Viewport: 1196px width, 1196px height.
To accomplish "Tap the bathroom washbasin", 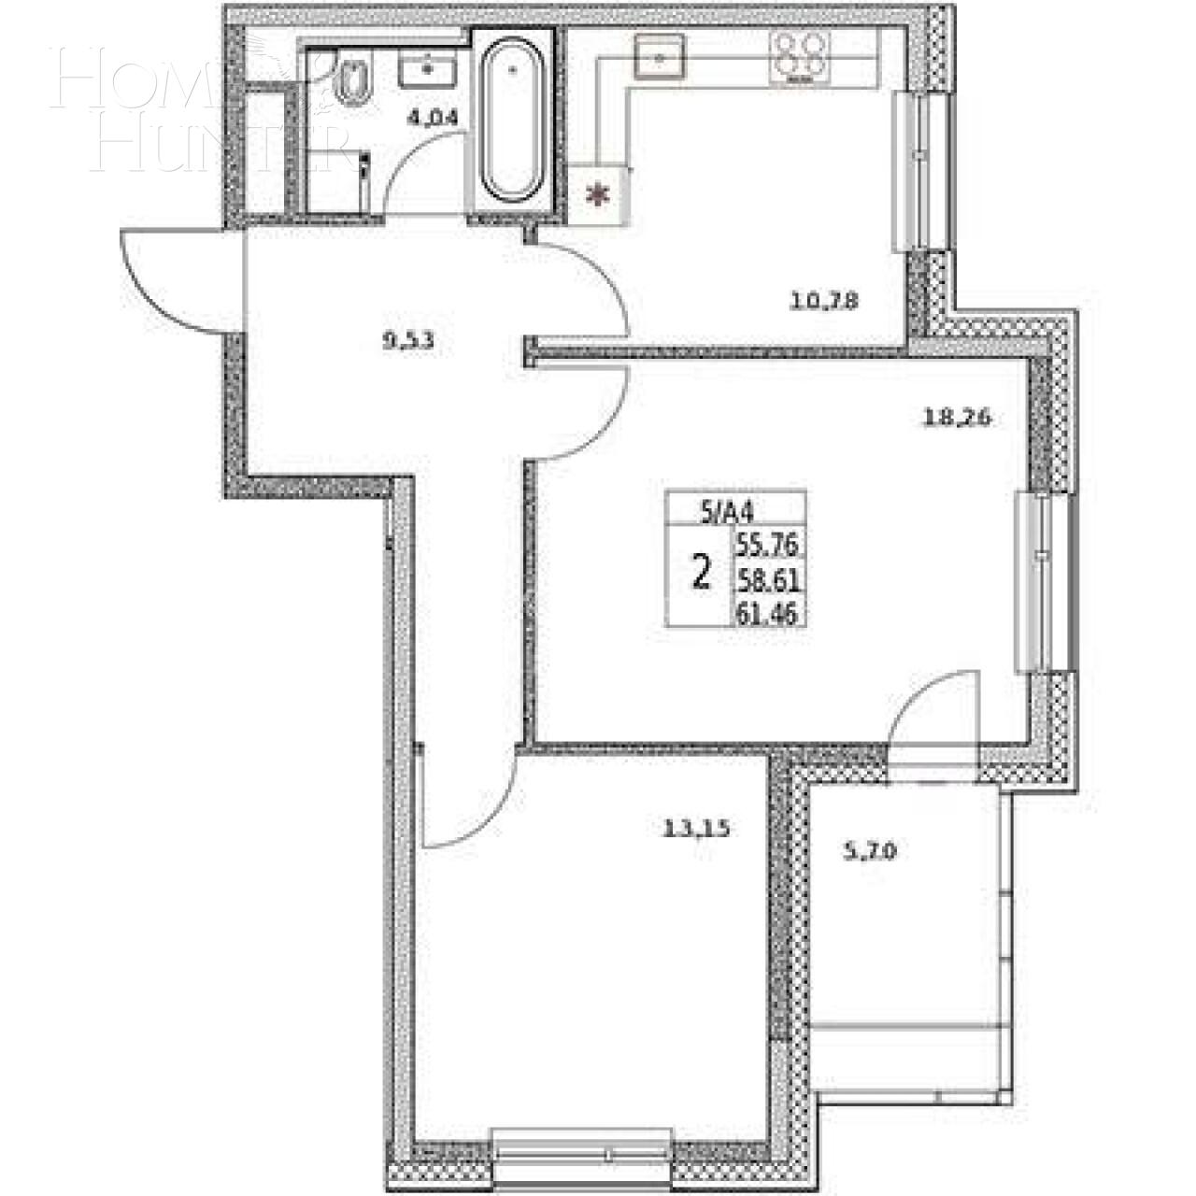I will tap(427, 68).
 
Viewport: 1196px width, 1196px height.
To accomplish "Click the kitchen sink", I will tap(660, 56).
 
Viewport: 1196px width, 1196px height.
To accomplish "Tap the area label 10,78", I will tap(823, 301).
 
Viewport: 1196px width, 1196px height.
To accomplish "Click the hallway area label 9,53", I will tap(408, 340).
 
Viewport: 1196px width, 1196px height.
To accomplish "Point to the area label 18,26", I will tap(956, 418).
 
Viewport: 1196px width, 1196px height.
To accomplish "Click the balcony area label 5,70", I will tap(870, 851).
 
